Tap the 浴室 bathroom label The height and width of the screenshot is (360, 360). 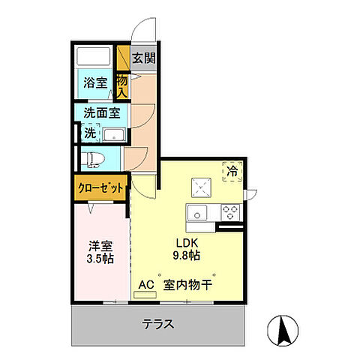(x=94, y=82)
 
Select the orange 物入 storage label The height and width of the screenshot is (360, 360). (x=122, y=85)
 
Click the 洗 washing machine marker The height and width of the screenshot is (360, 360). (x=90, y=133)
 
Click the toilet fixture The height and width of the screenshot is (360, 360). (x=93, y=159)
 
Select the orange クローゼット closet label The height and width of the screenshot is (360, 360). (x=100, y=189)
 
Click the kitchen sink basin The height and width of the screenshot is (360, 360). (x=199, y=211)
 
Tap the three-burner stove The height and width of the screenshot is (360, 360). (x=229, y=211)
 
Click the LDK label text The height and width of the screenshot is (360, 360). (x=187, y=244)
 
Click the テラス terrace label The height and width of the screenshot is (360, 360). (x=159, y=325)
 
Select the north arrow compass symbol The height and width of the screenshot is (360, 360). (x=283, y=329)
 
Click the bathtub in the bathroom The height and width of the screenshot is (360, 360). (x=94, y=58)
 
